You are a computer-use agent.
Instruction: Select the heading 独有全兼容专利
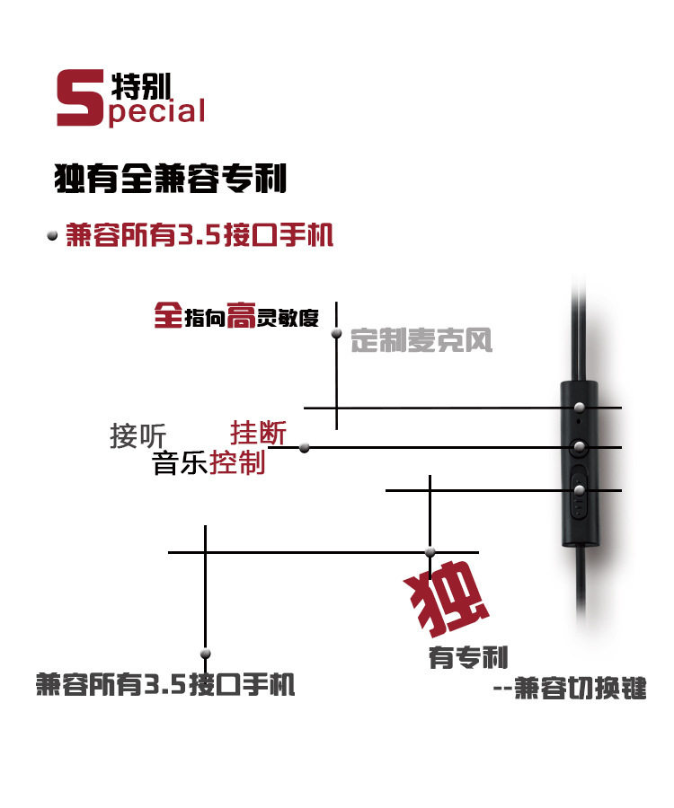point(170,178)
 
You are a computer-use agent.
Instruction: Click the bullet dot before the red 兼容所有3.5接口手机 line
point(51,236)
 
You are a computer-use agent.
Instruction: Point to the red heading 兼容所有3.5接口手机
point(199,235)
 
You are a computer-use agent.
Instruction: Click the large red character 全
point(168,314)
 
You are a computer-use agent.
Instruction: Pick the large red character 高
point(241,315)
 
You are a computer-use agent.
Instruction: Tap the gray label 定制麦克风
point(421,340)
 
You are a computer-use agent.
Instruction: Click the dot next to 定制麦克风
point(337,333)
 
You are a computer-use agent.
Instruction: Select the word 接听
point(137,436)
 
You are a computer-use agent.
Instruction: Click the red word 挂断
point(259,433)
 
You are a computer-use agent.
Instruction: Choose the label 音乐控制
point(208,463)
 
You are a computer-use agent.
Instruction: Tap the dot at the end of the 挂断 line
point(305,447)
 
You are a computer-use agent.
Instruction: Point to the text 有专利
point(468,657)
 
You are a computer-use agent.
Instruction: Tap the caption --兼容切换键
point(570,689)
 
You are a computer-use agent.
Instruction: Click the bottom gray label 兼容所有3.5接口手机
point(165,685)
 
